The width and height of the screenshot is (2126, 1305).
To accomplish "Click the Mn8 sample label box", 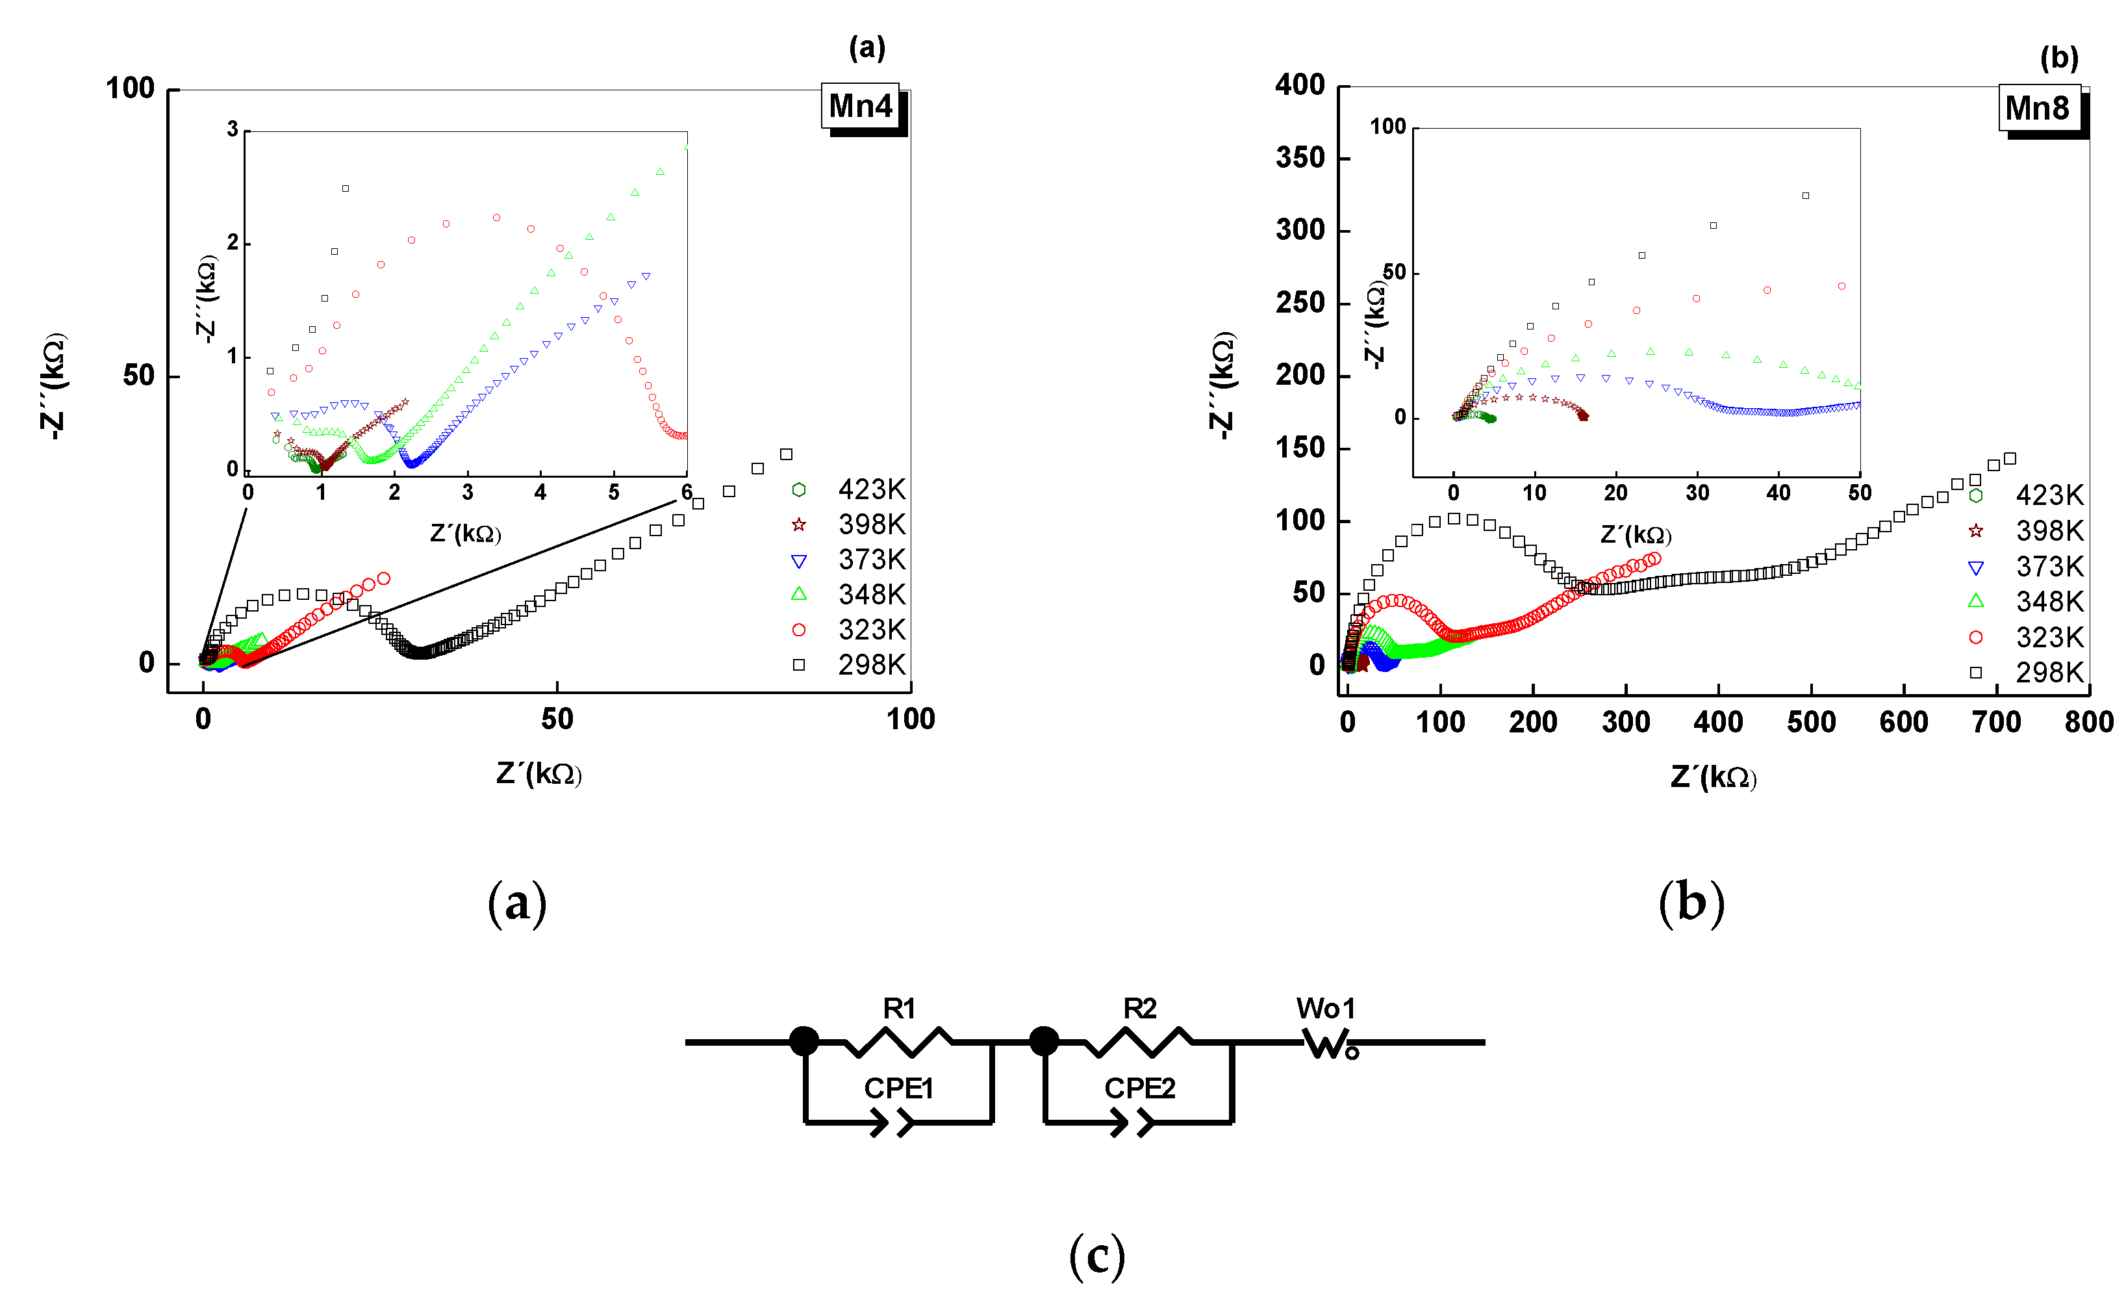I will [x=2038, y=109].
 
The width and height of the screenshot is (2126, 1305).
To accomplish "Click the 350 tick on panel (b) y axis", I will [x=1300, y=158].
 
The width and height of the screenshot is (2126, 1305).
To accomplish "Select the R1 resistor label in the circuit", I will [x=899, y=1008].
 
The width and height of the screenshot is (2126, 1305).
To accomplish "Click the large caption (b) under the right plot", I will [x=1691, y=903].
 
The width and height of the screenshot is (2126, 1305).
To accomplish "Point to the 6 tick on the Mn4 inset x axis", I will [x=687, y=493].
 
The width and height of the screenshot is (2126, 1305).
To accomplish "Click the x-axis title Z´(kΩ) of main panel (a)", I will [x=539, y=773].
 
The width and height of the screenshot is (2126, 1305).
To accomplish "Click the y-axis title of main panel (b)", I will [x=1222, y=386].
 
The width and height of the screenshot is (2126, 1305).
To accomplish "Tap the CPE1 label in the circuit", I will [x=899, y=1089].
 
